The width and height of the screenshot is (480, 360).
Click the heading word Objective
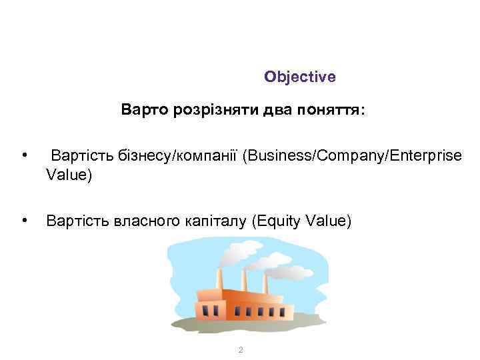tap(299, 77)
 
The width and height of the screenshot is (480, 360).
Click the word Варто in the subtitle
tap(141, 109)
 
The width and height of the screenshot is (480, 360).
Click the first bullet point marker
tap(24, 156)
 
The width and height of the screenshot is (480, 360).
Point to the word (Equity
tap(274, 221)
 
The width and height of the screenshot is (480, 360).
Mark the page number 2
tap(241, 351)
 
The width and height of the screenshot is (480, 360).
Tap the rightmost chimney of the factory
tap(265, 283)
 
